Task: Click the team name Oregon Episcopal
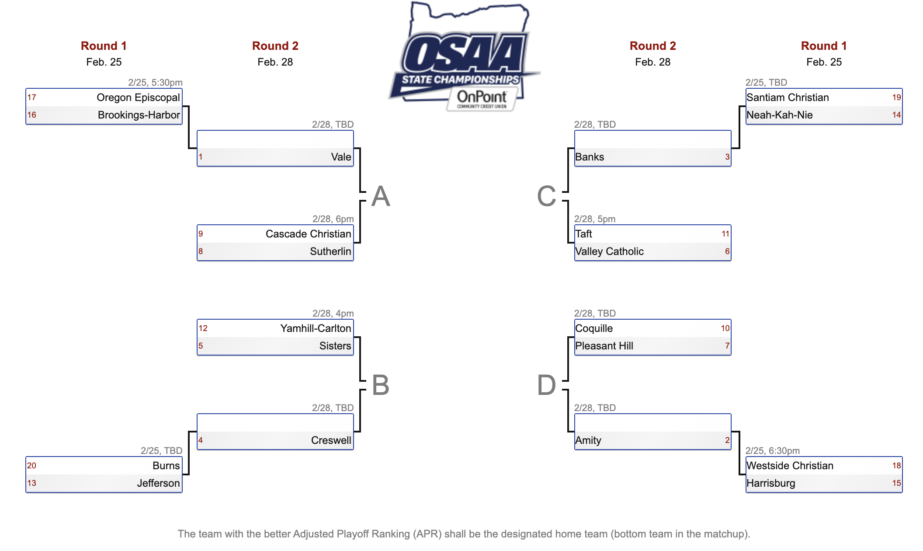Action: [x=138, y=98]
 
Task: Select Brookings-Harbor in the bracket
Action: [x=139, y=115]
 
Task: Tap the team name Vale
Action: [x=341, y=157]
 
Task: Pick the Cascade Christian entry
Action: [x=308, y=234]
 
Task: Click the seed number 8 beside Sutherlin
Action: [x=201, y=251]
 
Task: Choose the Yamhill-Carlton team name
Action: [x=316, y=328]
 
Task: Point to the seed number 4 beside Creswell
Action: [x=201, y=440]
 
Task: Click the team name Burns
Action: [x=166, y=466]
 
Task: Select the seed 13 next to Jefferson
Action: [x=32, y=483]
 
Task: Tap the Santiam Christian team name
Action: [x=788, y=98]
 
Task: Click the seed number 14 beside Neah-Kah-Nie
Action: [x=896, y=115]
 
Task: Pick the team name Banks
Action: [x=590, y=157]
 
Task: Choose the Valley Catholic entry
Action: [x=609, y=251]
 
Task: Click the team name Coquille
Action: [x=594, y=328]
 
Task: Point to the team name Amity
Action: [x=588, y=440]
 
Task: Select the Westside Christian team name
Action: [x=790, y=466]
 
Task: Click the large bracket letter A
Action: [x=381, y=196]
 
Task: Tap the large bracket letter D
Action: [x=546, y=385]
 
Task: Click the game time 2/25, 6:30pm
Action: [x=772, y=451]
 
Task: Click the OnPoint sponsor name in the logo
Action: [x=482, y=97]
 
